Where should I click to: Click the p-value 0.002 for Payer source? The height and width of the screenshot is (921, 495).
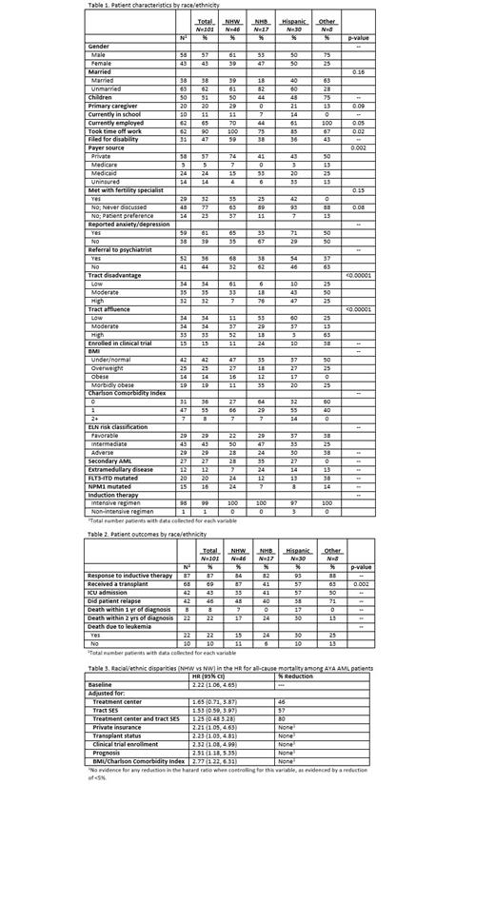coord(358,147)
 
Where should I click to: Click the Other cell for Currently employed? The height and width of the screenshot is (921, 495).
coord(327,122)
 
